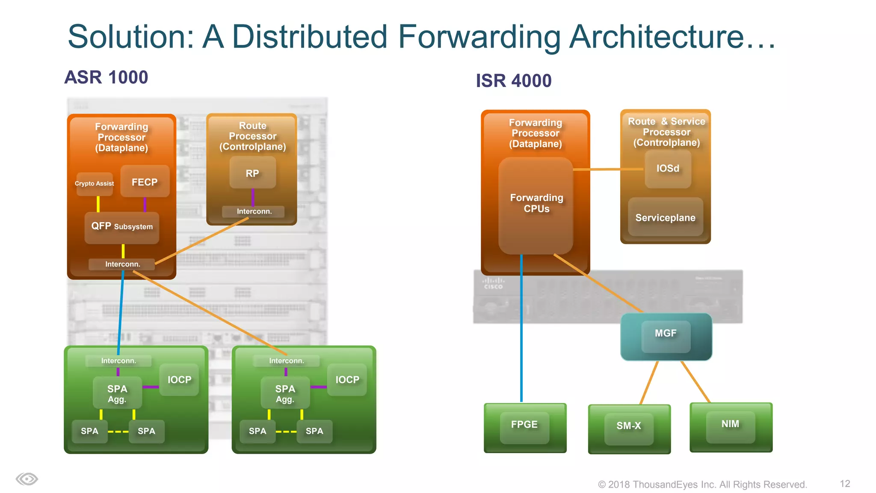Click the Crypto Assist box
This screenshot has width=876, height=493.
click(95, 184)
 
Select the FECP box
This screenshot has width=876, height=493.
click(145, 182)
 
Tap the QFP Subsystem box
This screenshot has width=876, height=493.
click(122, 227)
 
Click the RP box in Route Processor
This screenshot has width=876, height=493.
click(252, 173)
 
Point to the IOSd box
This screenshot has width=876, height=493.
click(668, 169)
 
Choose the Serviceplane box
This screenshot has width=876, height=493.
click(665, 217)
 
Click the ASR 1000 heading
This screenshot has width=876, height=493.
click(106, 77)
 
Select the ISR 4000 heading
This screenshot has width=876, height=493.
click(514, 80)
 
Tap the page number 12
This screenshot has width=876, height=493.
click(845, 484)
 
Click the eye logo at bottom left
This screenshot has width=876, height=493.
click(27, 479)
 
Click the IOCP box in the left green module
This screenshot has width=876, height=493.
click(179, 380)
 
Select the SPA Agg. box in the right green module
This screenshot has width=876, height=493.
click(285, 393)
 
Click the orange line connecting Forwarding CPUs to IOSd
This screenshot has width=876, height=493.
click(607, 169)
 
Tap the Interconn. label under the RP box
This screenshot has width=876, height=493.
click(254, 211)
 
